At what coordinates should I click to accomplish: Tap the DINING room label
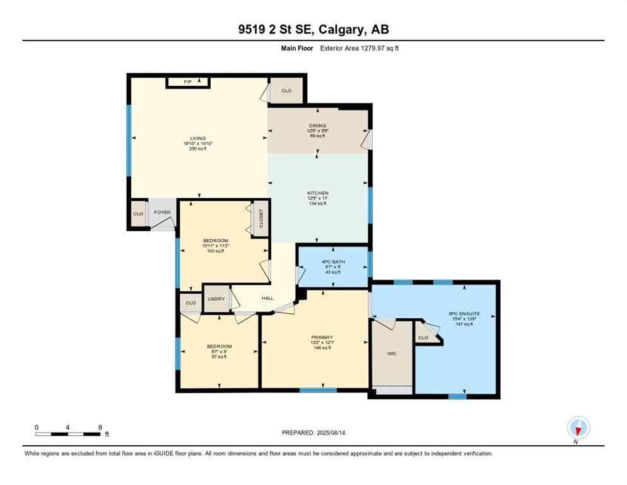317,126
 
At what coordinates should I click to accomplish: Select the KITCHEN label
317,193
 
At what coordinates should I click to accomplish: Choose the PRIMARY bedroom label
322,337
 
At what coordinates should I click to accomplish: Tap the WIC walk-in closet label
391,354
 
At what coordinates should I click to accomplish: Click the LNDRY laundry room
216,299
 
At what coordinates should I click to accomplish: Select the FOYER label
162,212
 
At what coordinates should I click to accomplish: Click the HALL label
267,298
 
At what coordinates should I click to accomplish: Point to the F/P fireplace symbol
187,82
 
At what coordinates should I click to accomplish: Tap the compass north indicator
578,429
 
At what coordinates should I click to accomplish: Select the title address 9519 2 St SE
313,30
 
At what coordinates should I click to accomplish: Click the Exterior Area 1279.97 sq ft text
360,48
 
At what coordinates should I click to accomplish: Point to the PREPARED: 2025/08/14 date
313,433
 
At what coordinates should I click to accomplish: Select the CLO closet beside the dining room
286,91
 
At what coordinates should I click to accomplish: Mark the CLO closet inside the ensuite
423,337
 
